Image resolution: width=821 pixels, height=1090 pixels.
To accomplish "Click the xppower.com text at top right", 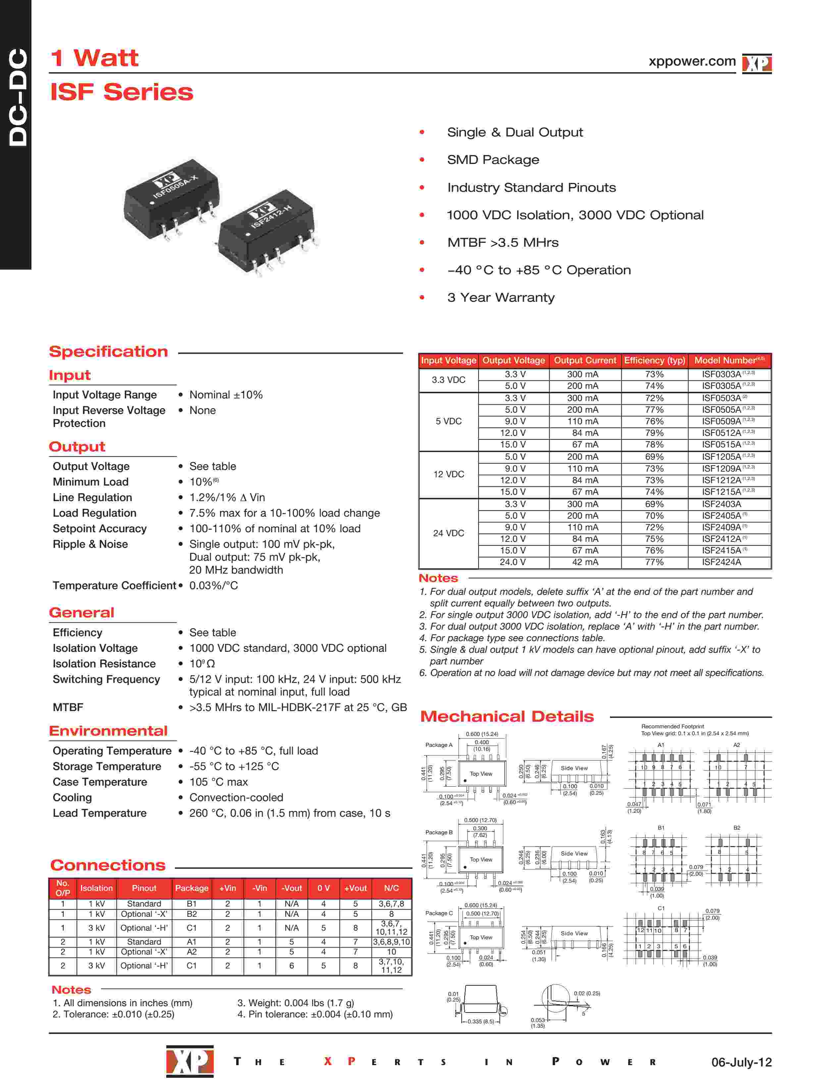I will pos(692,62).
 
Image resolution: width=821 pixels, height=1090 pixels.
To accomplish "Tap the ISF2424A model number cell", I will pos(721,562).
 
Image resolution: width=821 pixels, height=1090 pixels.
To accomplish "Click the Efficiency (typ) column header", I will pos(654,361).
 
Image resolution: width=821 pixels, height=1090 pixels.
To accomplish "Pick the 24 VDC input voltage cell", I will pos(448,533).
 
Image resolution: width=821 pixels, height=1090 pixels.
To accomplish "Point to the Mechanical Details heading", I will pos(507,716).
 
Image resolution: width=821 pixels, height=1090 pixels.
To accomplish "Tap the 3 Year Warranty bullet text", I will pos(501,298).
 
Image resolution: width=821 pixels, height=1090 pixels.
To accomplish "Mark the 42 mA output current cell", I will pos(585,562).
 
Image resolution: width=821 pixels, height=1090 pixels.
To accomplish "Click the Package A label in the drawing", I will pos(438,745).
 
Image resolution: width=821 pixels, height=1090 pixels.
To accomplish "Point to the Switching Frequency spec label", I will pos(106,680).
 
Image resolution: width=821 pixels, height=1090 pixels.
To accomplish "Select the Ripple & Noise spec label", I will pos(90,545).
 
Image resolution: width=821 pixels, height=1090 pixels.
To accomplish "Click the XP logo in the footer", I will pos(190,1062).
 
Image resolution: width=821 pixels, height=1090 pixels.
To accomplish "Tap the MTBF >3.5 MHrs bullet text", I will pos(503,242).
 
